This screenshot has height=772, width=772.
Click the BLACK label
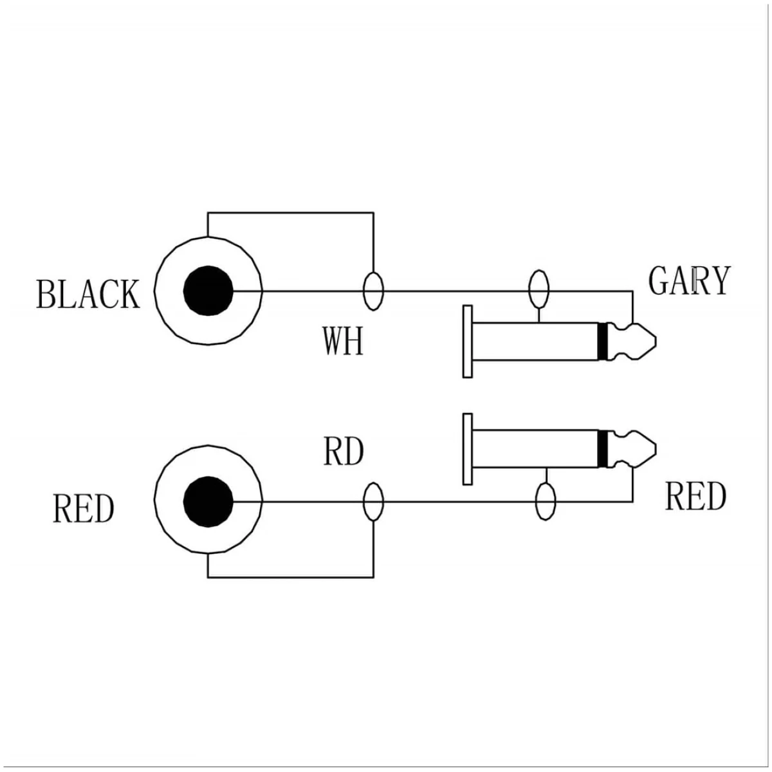point(88,295)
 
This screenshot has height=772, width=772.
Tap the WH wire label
point(343,342)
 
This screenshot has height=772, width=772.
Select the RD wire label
point(344,452)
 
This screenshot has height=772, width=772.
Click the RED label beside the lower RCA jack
point(84,509)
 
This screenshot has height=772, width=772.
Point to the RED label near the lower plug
point(695,497)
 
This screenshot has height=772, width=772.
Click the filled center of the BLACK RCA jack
point(208,290)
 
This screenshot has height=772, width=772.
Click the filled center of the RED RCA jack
point(208,502)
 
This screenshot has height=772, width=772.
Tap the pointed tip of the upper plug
point(656,341)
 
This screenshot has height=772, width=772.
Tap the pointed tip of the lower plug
point(656,449)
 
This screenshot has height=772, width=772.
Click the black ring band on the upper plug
point(603,341)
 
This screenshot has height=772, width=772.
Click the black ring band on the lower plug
point(603,449)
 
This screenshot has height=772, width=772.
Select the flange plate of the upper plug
point(468,342)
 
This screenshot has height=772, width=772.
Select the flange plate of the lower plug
point(468,450)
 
